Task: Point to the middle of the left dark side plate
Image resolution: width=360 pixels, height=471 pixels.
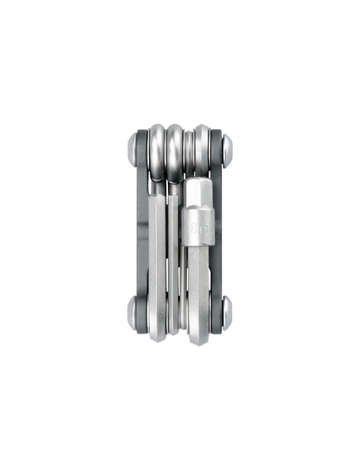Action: pyautogui.click(x=141, y=232)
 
